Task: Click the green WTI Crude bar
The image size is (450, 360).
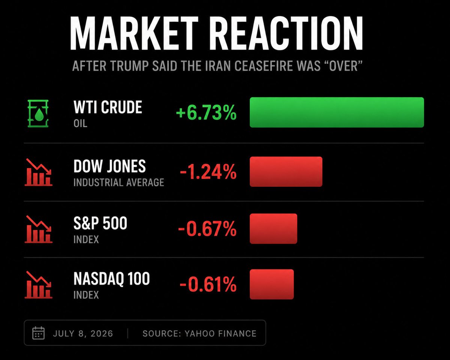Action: pos(337,112)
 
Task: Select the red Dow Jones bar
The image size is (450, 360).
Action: pos(286,171)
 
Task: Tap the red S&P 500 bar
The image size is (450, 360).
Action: pos(273,229)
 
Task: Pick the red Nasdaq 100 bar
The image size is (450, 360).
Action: pos(271,284)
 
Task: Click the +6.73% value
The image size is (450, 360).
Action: pos(206,113)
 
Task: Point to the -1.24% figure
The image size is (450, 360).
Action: pos(208,172)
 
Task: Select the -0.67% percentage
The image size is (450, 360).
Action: pos(207,229)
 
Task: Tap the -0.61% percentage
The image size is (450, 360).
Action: pos(208,284)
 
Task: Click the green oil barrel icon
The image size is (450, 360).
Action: pos(38,113)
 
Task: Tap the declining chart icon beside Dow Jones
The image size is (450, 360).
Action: pos(39,172)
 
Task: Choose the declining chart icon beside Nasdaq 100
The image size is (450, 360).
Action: pos(39,285)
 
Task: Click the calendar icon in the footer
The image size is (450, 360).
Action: pos(39,333)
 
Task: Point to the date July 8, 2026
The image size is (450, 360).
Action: pos(83,333)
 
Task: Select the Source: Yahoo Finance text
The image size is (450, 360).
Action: pos(199,333)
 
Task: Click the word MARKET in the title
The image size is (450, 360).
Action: pos(134,33)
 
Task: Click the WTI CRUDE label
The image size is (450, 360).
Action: pos(108,107)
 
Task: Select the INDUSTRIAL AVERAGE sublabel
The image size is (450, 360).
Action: pos(119,182)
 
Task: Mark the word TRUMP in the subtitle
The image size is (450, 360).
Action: pos(129,66)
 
